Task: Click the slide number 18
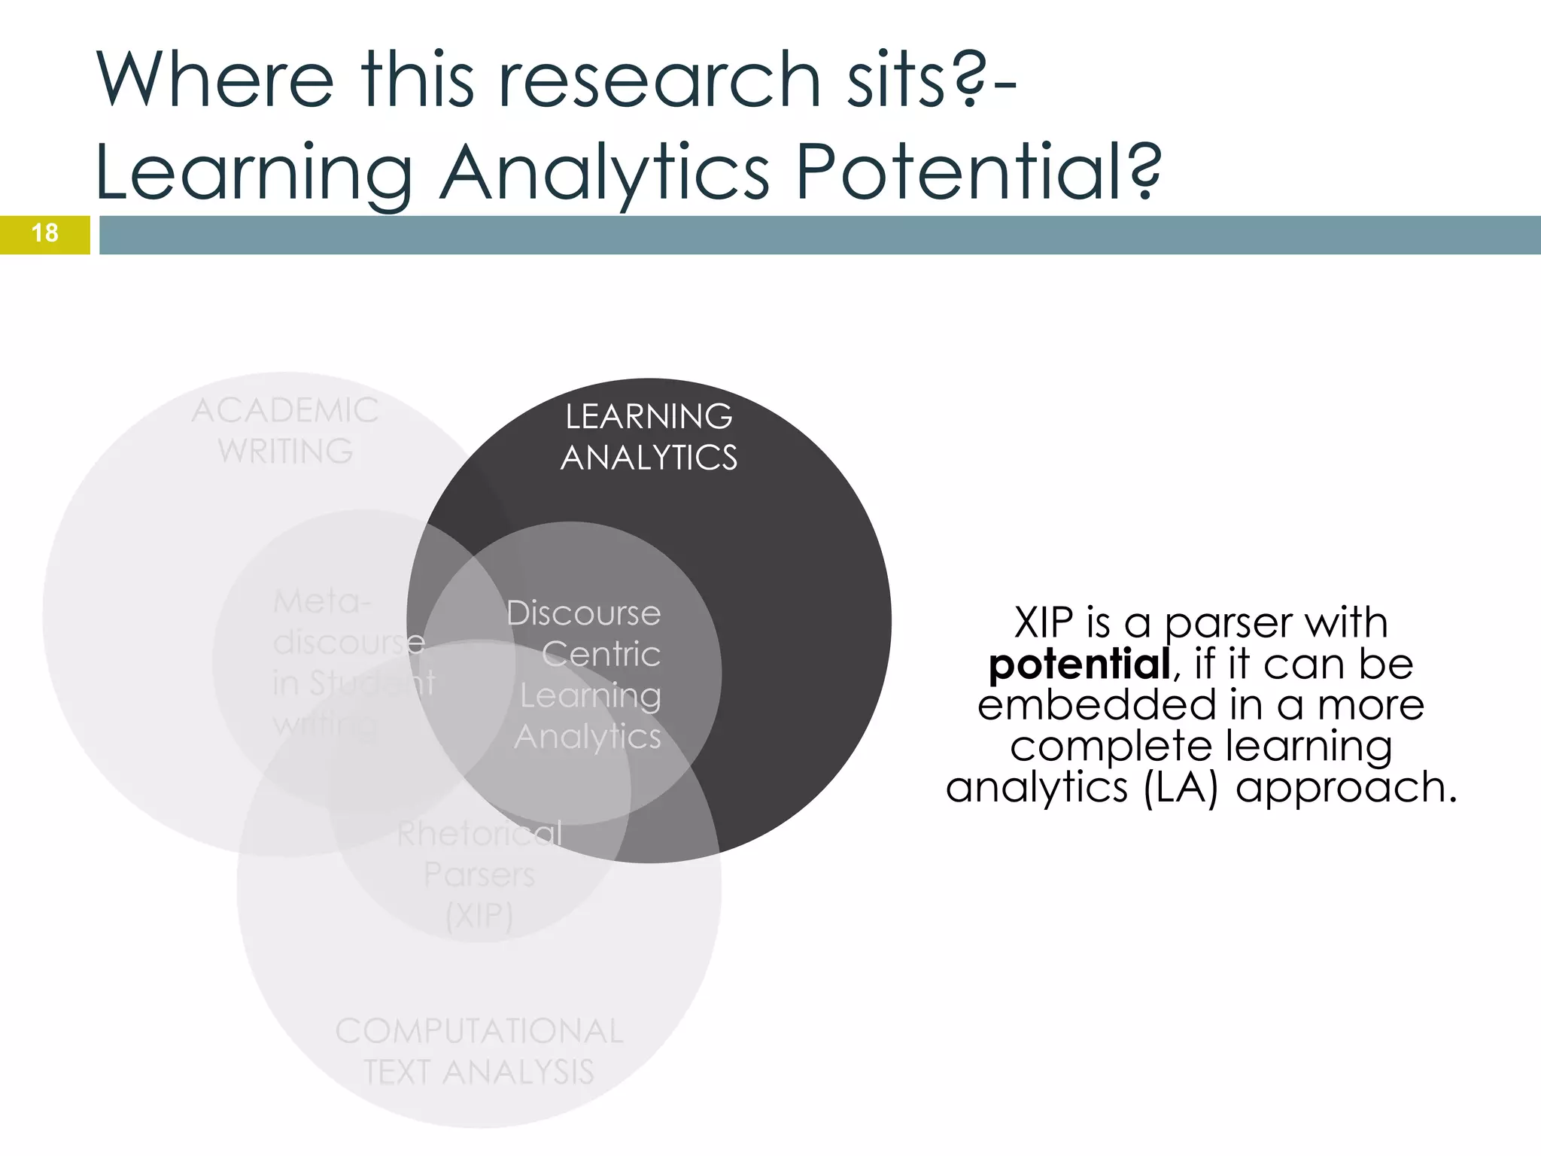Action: (x=45, y=233)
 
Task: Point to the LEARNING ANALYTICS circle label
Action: (x=649, y=437)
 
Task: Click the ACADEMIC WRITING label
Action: (x=285, y=431)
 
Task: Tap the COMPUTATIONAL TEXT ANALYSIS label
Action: (x=479, y=1051)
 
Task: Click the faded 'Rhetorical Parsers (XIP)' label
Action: (x=479, y=875)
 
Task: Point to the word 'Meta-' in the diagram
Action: (x=322, y=601)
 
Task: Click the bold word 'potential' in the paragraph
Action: (x=1079, y=665)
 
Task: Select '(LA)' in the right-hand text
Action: (x=1180, y=788)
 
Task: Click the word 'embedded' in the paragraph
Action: (x=1096, y=706)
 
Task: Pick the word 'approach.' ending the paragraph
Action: (x=1346, y=788)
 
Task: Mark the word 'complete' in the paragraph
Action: (x=1110, y=747)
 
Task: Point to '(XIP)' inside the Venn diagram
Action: (x=479, y=916)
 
